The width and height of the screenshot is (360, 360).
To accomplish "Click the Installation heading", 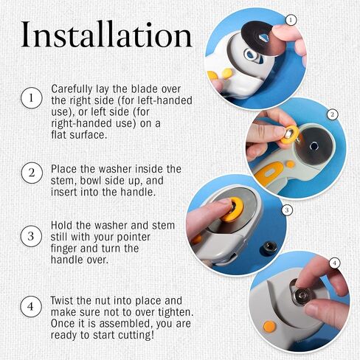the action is pyautogui.click(x=106, y=35).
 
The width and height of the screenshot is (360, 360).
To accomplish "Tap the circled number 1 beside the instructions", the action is pyautogui.click(x=31, y=98).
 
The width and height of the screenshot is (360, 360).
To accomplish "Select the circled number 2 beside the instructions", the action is pyautogui.click(x=32, y=173).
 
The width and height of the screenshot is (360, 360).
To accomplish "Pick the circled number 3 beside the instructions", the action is pyautogui.click(x=31, y=236).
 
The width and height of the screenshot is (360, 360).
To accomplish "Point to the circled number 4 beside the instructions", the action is pyautogui.click(x=31, y=306).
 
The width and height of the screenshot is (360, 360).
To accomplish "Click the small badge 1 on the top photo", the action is pyautogui.click(x=291, y=20).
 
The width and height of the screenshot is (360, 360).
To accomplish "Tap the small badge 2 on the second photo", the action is pyautogui.click(x=333, y=114).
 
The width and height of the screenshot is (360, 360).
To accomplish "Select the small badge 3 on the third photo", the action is pyautogui.click(x=287, y=210).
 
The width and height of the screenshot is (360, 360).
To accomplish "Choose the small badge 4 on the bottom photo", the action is pyautogui.click(x=334, y=263).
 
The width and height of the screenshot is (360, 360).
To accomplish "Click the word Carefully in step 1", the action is pyautogui.click(x=72, y=89).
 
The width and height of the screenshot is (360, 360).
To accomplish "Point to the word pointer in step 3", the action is pyautogui.click(x=134, y=237).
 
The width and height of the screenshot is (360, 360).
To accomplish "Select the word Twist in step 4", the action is pyautogui.click(x=62, y=300).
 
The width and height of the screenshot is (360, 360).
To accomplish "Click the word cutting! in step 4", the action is pyautogui.click(x=136, y=335).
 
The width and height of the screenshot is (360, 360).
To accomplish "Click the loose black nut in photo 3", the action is pyautogui.click(x=269, y=248).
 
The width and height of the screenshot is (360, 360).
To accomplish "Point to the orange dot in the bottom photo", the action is pyautogui.click(x=269, y=327).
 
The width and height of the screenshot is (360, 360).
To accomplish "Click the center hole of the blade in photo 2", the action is pyautogui.click(x=314, y=147).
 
